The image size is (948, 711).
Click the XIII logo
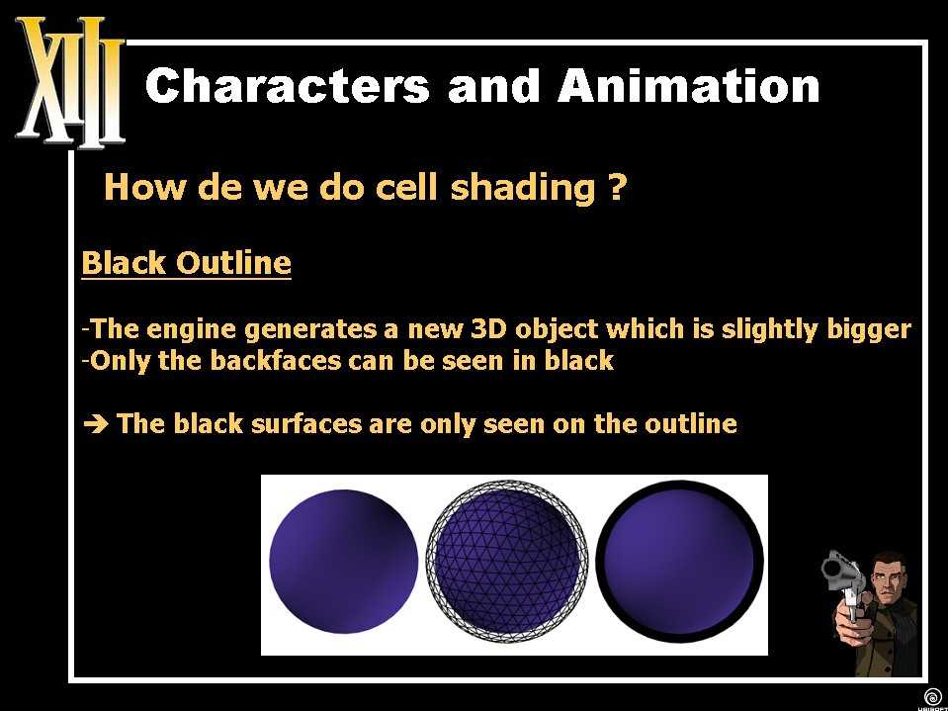pos(70,83)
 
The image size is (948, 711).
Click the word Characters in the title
pos(288,85)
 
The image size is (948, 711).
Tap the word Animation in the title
pos(688,85)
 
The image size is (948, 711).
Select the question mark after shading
pos(614,188)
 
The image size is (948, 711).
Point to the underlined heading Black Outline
pos(186,264)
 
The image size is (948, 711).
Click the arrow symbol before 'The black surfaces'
pos(96,424)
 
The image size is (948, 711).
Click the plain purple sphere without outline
pos(343,562)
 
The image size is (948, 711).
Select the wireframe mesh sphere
pos(506,561)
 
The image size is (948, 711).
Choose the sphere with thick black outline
pos(679,562)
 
